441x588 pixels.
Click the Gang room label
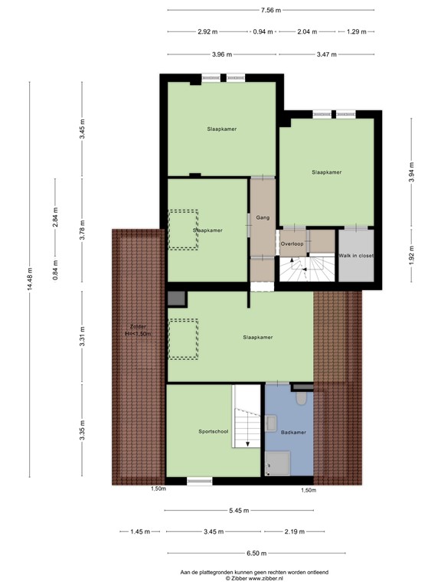tap(262, 217)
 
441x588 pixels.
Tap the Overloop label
tap(292, 243)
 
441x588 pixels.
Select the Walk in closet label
tap(357, 255)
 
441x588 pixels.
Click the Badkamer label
tap(293, 433)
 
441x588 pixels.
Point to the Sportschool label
tap(213, 432)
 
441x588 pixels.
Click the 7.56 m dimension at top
tap(271, 11)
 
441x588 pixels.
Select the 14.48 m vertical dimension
tap(31, 280)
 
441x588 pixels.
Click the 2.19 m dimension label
tap(294, 531)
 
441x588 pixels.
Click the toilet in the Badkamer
tap(301, 398)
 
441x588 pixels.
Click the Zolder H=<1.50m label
tap(139, 330)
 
